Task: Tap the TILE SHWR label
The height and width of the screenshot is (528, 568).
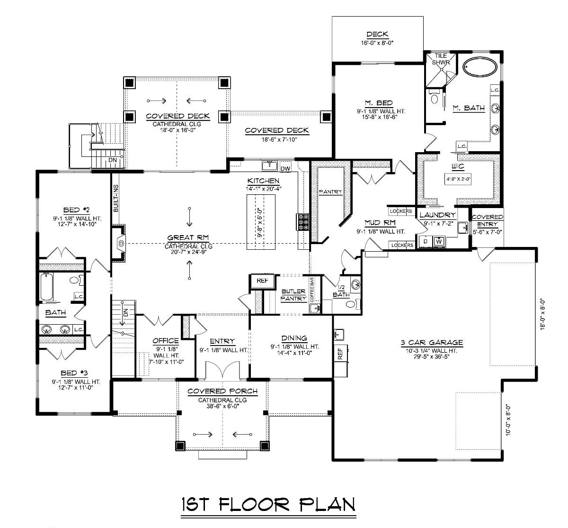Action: [441, 59]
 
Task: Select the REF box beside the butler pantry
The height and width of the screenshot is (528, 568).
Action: [262, 281]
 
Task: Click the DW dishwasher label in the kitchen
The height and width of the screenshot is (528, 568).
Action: [285, 168]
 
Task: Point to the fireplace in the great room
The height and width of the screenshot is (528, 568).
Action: [121, 244]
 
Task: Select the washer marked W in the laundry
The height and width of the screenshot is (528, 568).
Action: [439, 242]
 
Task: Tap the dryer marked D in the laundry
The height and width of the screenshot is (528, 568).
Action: [425, 242]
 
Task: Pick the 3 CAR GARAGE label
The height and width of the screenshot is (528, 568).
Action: [430, 343]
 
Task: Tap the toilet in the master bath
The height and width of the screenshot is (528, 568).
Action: [434, 98]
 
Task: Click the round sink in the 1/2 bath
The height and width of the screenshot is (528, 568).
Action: [355, 285]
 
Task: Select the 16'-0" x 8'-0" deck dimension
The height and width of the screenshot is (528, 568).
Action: [377, 43]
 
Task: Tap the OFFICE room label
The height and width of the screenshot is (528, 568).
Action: [165, 340]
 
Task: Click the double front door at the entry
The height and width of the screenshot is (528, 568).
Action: [222, 369]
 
